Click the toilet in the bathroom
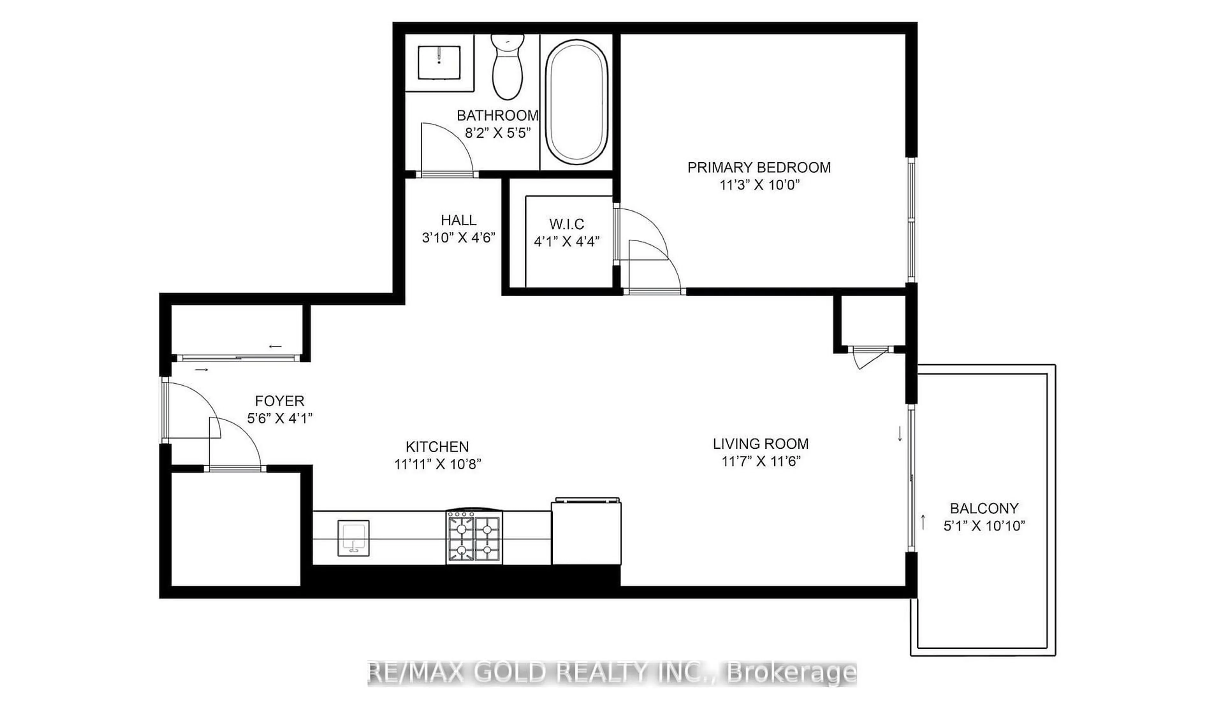click(x=507, y=68)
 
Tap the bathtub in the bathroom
click(x=577, y=103)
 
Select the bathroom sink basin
click(x=439, y=63)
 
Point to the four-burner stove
click(x=474, y=537)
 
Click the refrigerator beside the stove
click(x=586, y=532)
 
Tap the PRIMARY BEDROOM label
click(x=759, y=168)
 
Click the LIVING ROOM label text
click(x=761, y=444)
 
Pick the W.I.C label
click(x=566, y=224)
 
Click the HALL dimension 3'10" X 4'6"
click(x=458, y=238)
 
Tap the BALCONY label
click(x=984, y=508)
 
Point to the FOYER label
click(x=280, y=401)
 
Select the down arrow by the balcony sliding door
click(x=900, y=433)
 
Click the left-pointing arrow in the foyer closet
click(x=275, y=347)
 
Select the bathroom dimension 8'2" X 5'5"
click(x=497, y=133)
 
